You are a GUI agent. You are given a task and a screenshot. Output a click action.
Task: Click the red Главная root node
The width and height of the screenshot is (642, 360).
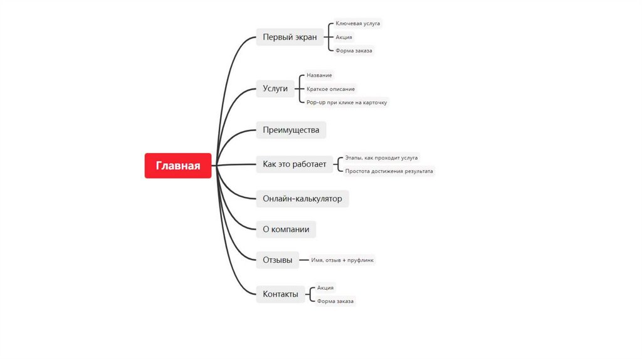pos(178,166)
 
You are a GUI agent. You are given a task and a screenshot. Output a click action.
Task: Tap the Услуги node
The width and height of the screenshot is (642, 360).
pos(275,88)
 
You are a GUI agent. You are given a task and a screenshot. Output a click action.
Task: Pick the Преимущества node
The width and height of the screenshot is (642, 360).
pos(291,130)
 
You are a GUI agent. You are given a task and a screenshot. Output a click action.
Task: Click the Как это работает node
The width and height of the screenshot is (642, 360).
pos(295,164)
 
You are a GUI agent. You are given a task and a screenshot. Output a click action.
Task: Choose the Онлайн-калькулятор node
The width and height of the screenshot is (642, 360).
pos(302,199)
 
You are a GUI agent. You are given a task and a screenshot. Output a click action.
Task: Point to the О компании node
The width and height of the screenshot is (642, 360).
pos(286,230)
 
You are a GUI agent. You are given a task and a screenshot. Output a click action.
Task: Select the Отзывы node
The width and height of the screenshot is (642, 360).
pos(277,260)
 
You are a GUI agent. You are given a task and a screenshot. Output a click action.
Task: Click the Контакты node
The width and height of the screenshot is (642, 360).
pos(280,294)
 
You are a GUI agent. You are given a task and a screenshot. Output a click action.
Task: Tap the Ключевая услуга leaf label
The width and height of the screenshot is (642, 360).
pos(357,24)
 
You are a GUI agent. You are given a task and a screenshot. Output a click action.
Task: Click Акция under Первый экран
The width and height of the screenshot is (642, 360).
pos(344,37)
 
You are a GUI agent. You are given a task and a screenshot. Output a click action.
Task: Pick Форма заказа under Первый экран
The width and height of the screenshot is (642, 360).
pos(354,50)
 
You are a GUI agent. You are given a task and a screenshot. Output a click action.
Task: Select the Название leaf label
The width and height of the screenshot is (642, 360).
pos(319,75)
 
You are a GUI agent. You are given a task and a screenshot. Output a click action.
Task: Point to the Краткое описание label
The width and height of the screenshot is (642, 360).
pos(330,89)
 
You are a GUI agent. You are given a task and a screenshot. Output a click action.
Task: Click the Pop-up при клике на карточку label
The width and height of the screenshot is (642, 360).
pos(347,102)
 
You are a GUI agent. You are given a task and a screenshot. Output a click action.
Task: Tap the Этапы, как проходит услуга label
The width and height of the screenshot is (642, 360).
pos(381,158)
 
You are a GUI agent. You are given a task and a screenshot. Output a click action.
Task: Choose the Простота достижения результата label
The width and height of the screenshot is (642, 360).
pos(389,171)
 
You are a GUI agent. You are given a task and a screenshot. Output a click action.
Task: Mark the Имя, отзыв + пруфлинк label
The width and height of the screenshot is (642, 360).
pos(343,260)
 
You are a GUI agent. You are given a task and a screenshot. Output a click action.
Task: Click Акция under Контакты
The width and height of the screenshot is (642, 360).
pos(325,287)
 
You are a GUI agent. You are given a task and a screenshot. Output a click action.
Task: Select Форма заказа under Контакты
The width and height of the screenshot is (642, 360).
pos(335,301)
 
